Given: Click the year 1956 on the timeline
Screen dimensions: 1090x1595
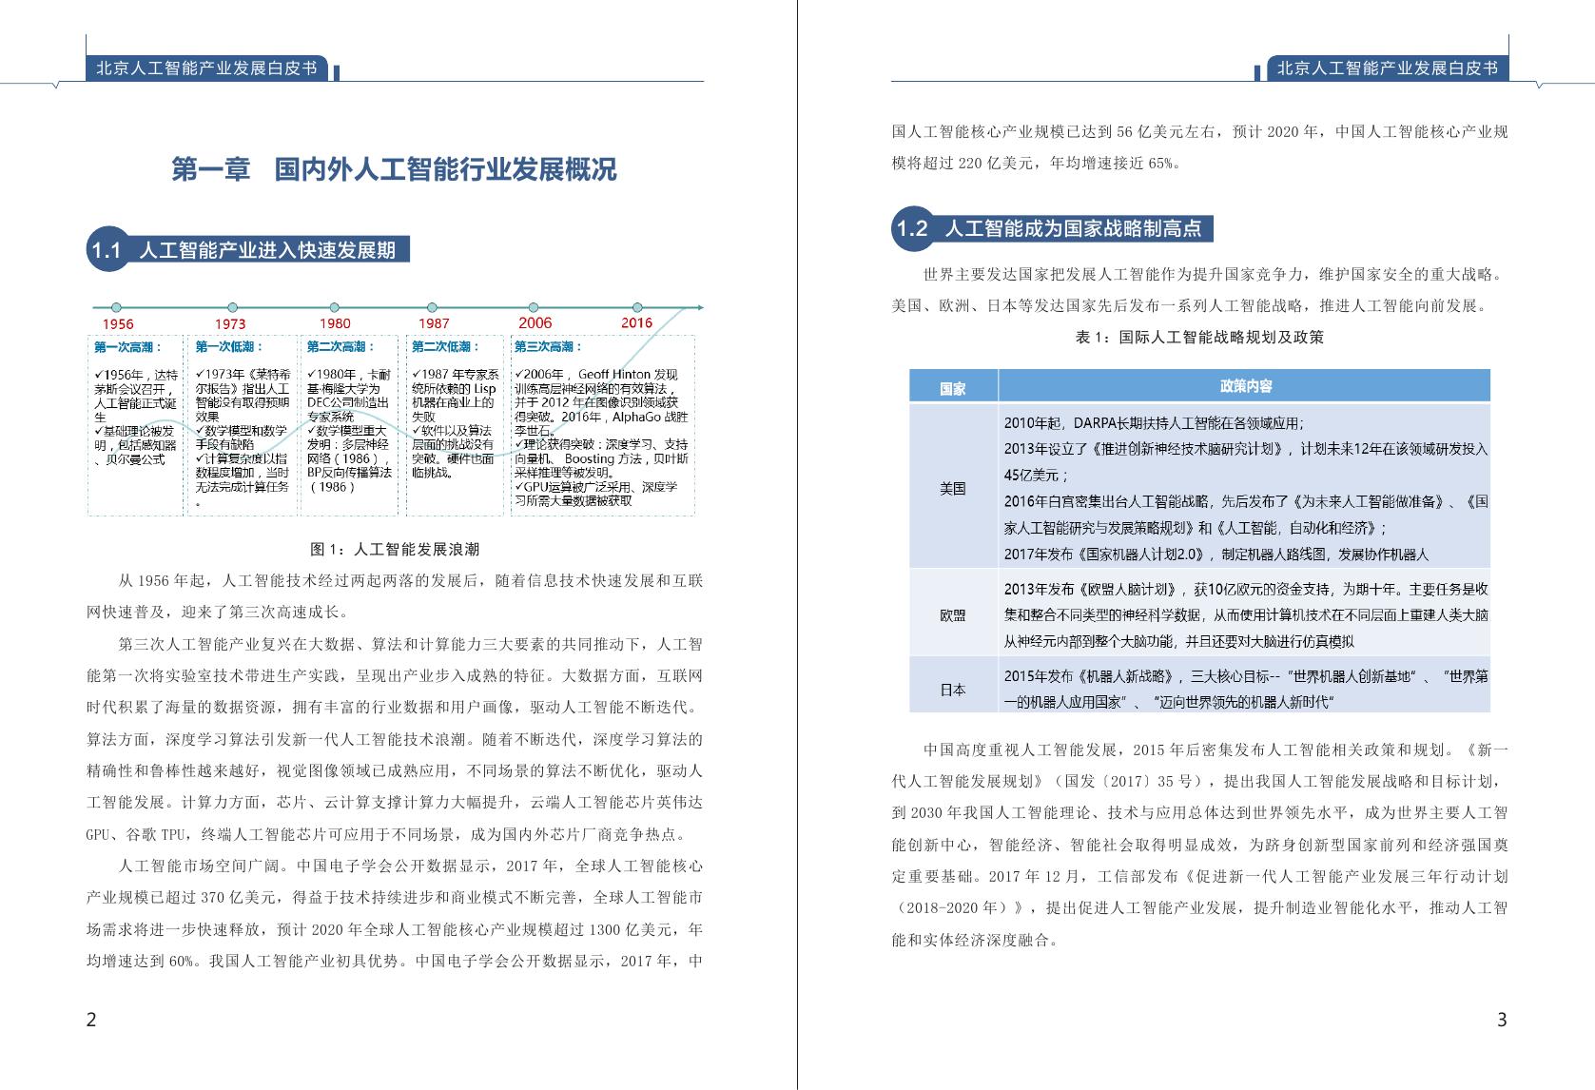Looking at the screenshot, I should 118,324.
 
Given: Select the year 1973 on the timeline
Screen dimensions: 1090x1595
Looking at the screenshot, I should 230,324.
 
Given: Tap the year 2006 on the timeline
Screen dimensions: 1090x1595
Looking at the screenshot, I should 535,322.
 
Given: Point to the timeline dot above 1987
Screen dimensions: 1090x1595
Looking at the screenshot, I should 433,308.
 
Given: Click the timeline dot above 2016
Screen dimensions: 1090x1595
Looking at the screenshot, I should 637,307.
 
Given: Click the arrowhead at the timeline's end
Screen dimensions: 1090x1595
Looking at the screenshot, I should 700,307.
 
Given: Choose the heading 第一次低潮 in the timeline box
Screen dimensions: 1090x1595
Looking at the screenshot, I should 229,347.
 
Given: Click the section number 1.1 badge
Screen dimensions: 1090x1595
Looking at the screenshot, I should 106,251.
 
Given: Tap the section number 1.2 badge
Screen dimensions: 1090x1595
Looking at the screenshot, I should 911,228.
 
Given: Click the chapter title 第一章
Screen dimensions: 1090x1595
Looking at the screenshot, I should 210,169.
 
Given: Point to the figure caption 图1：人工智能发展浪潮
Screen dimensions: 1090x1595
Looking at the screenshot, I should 395,549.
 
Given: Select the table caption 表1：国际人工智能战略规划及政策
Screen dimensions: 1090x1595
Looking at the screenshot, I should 1199,337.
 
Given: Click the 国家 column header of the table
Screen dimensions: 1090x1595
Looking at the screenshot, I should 952,387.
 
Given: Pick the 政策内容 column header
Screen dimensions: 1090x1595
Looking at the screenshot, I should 1245,386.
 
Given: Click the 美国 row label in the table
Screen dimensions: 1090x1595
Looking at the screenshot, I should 952,488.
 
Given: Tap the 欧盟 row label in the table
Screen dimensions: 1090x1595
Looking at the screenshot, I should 952,615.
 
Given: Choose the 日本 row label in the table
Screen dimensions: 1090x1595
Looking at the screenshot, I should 952,690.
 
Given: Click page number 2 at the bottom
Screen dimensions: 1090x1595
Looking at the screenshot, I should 91,1020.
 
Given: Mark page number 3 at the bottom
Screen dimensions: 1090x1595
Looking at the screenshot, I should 1502,1020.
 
